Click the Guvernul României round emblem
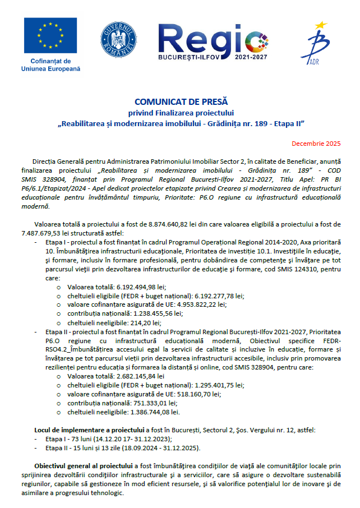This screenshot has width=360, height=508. tap(119, 39)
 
